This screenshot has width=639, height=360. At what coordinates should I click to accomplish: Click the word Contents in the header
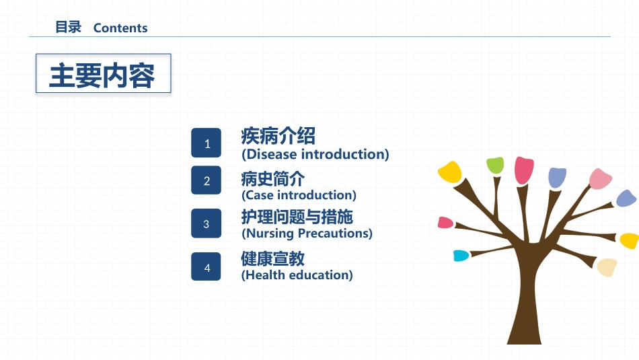[x=120, y=28]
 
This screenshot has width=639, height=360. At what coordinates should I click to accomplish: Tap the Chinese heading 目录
[x=69, y=28]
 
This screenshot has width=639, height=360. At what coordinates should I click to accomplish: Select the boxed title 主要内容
[x=102, y=75]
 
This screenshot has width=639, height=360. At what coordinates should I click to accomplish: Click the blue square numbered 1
[x=206, y=143]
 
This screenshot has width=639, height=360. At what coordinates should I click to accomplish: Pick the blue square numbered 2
[x=206, y=180]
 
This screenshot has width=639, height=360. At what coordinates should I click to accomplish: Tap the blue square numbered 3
[x=206, y=223]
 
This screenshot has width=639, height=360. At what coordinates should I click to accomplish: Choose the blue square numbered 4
[x=206, y=266]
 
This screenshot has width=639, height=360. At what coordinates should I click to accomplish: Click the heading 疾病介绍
[x=278, y=136]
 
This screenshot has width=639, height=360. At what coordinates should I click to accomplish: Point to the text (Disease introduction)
[x=315, y=154]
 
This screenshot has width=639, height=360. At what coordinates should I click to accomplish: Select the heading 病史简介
[x=272, y=178]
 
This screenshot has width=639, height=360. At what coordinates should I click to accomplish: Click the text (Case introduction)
[x=299, y=195]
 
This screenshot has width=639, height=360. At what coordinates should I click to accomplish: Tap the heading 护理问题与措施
[x=297, y=217]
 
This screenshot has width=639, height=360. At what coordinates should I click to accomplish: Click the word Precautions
[x=335, y=233]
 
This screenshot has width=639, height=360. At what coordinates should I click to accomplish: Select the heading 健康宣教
[x=272, y=258]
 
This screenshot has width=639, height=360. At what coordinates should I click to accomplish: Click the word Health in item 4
[x=264, y=275]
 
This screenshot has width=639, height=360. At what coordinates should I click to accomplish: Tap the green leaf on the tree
[x=495, y=166]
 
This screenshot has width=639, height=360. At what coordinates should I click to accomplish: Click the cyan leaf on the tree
[x=461, y=256]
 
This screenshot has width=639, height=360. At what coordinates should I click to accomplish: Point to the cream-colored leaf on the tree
[x=607, y=267]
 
